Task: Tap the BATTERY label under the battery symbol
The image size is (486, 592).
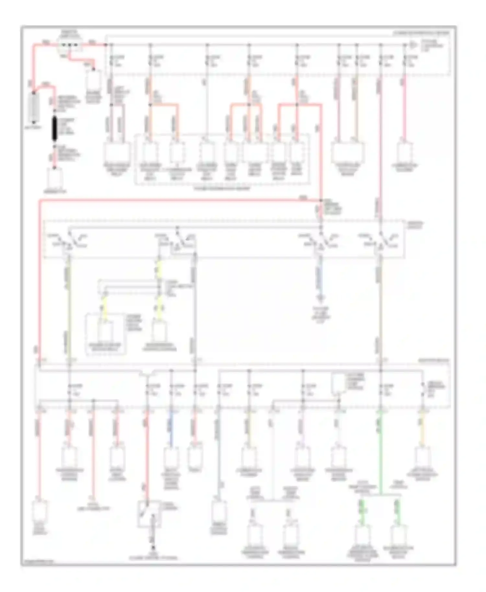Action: point(34,127)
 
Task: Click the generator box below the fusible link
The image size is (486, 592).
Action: point(54,179)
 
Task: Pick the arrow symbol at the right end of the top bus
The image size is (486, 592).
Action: point(413,45)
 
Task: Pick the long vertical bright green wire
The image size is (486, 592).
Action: point(381,453)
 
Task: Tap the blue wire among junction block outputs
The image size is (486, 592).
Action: point(171,427)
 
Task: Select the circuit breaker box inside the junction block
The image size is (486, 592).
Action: point(338,384)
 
